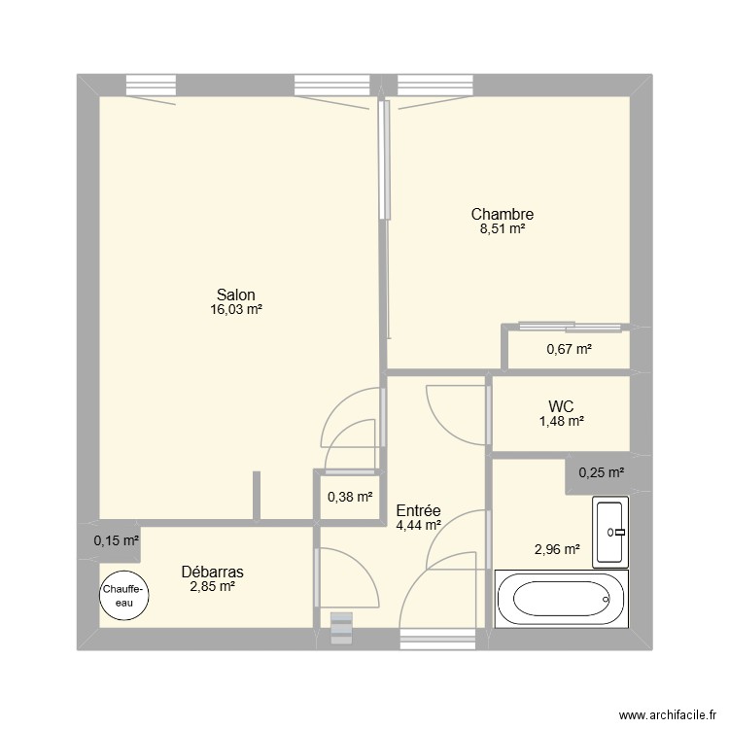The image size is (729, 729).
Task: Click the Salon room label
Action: pyautogui.click(x=236, y=295)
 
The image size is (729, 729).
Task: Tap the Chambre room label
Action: pyautogui.click(x=502, y=214)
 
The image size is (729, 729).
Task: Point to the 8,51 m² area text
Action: pyautogui.click(x=502, y=229)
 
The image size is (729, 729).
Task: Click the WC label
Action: pyautogui.click(x=561, y=405)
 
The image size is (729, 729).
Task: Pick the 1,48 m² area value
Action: pyautogui.click(x=561, y=421)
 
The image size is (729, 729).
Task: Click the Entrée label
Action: pyautogui.click(x=419, y=509)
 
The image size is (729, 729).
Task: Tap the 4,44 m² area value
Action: pyautogui.click(x=419, y=525)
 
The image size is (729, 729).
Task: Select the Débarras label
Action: pyautogui.click(x=212, y=572)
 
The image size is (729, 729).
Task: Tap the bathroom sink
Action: pyautogui.click(x=611, y=531)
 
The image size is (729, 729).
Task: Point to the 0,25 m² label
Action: pyautogui.click(x=601, y=473)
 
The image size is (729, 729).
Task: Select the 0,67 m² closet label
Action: pyautogui.click(x=569, y=349)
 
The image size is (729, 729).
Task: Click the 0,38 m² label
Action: pyautogui.click(x=350, y=497)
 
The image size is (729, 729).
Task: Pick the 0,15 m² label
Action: pyautogui.click(x=116, y=541)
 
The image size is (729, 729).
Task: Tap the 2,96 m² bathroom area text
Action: pyautogui.click(x=557, y=549)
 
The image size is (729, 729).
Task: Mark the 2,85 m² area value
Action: pyautogui.click(x=212, y=586)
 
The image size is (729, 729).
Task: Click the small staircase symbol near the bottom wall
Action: pyautogui.click(x=343, y=628)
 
